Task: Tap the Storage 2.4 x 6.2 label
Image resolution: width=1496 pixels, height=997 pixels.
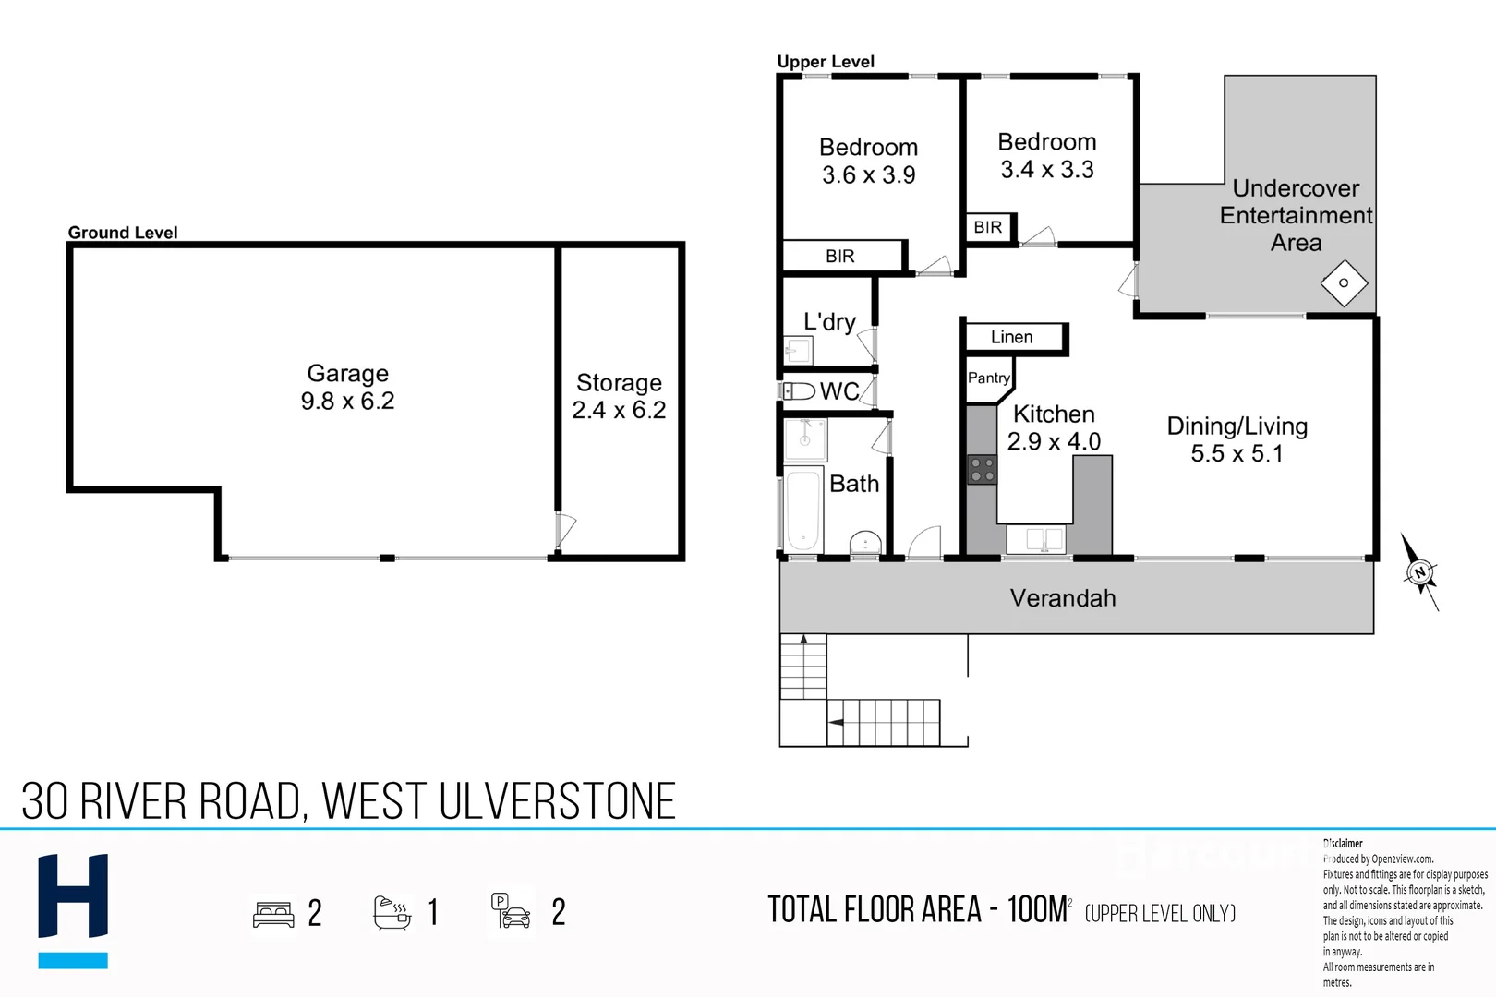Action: click(x=619, y=396)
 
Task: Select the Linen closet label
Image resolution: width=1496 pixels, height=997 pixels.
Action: click(x=1011, y=337)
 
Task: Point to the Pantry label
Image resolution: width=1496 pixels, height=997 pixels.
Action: click(x=988, y=378)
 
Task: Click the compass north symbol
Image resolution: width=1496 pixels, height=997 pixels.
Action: click(x=1420, y=571)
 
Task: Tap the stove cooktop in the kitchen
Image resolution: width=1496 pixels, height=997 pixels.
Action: click(x=982, y=469)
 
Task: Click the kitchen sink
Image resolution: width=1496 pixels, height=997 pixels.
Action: click(x=1036, y=539)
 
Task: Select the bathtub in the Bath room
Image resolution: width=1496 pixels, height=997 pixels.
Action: click(x=802, y=511)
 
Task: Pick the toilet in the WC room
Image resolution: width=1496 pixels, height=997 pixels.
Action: click(x=799, y=391)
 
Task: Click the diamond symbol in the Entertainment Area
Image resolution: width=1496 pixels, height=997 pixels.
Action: click(x=1344, y=283)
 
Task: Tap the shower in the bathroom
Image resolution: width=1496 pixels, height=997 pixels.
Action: click(x=805, y=440)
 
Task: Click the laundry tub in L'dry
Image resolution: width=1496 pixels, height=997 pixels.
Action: click(x=798, y=350)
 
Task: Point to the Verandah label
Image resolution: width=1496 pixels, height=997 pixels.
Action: click(x=1063, y=597)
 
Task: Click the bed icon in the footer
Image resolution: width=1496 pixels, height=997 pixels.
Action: click(x=273, y=914)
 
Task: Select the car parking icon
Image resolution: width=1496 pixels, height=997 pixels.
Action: click(x=511, y=911)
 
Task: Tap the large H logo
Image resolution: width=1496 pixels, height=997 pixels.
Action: click(x=73, y=895)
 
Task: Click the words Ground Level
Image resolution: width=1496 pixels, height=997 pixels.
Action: click(x=123, y=233)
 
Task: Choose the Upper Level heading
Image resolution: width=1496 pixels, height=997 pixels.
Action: click(x=826, y=62)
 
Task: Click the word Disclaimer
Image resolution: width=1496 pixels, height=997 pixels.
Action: click(x=1343, y=844)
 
